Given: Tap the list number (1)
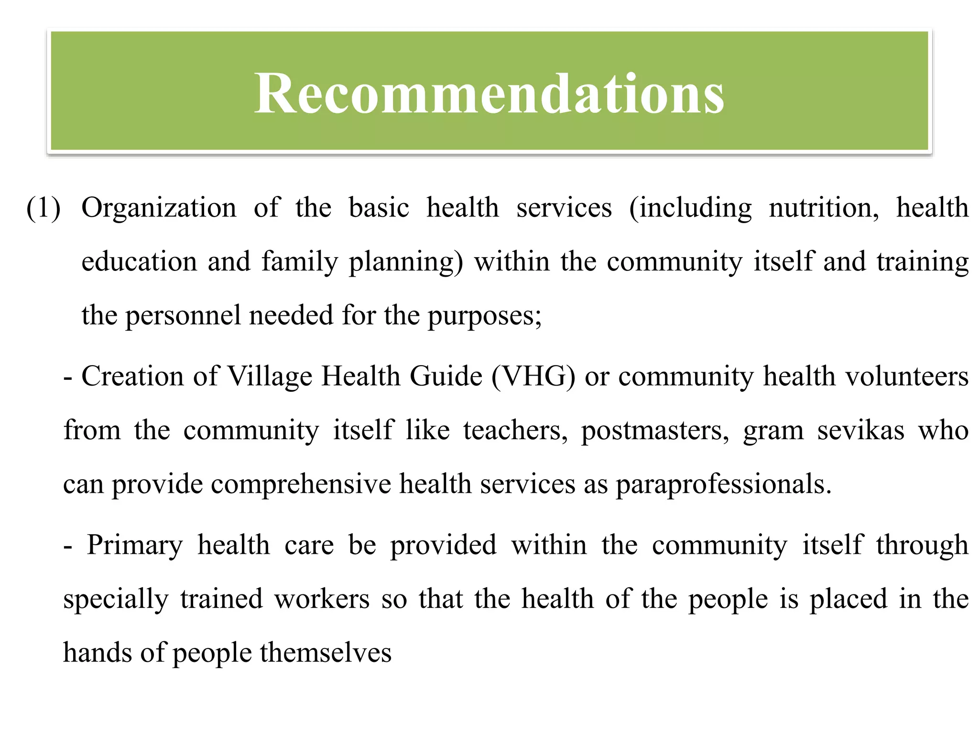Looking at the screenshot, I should click(44, 208).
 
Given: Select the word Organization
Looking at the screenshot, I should click(159, 208).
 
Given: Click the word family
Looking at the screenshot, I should click(299, 262).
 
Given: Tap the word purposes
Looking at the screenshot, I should click(484, 316).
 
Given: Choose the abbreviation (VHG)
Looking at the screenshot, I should click(533, 376).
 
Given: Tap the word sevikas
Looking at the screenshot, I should click(860, 430).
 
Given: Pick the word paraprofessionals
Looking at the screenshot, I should click(723, 484).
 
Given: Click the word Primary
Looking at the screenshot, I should click(135, 545).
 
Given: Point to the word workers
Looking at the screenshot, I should click(322, 599).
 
